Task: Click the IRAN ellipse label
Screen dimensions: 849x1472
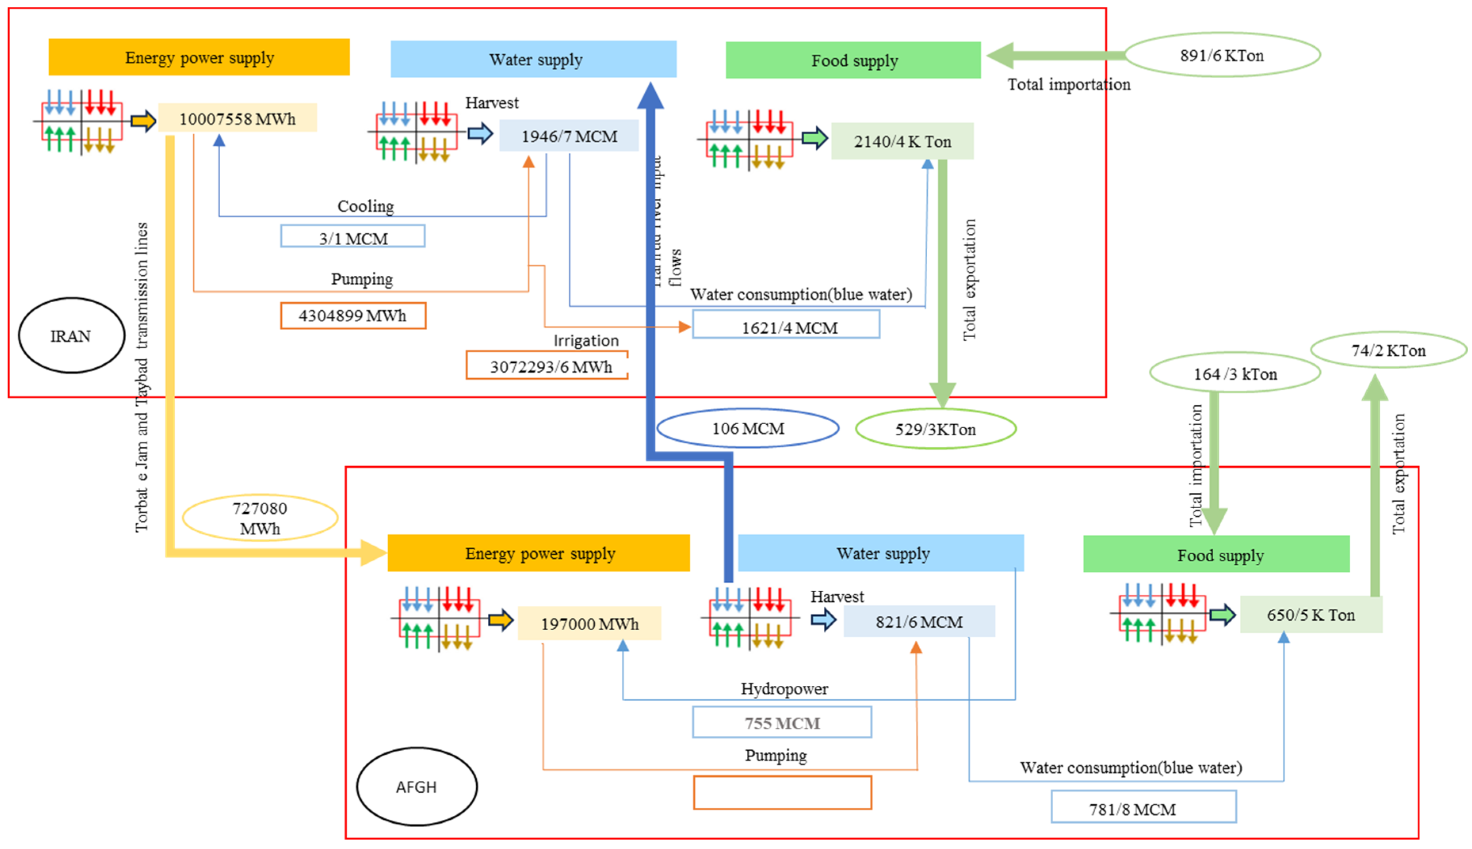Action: pyautogui.click(x=71, y=336)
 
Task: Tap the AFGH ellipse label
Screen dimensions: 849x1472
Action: pyautogui.click(x=416, y=787)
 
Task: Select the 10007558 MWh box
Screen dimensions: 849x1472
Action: pyautogui.click(x=237, y=118)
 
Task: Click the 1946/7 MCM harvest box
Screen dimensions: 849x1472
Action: pyautogui.click(x=569, y=136)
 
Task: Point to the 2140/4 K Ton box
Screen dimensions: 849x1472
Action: pyautogui.click(x=902, y=141)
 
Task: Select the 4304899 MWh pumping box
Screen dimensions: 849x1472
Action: pyautogui.click(x=353, y=315)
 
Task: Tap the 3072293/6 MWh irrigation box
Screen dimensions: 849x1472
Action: pyautogui.click(x=547, y=366)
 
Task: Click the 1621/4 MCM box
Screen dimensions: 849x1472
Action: pyautogui.click(x=786, y=325)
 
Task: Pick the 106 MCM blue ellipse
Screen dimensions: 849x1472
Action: pyautogui.click(x=748, y=428)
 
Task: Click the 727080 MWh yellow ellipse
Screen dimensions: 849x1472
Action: pyautogui.click(x=260, y=518)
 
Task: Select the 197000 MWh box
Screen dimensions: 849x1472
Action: pyautogui.click(x=589, y=623)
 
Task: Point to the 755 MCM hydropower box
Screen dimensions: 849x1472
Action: pyautogui.click(x=781, y=723)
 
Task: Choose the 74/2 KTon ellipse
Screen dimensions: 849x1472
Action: pyautogui.click(x=1388, y=350)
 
